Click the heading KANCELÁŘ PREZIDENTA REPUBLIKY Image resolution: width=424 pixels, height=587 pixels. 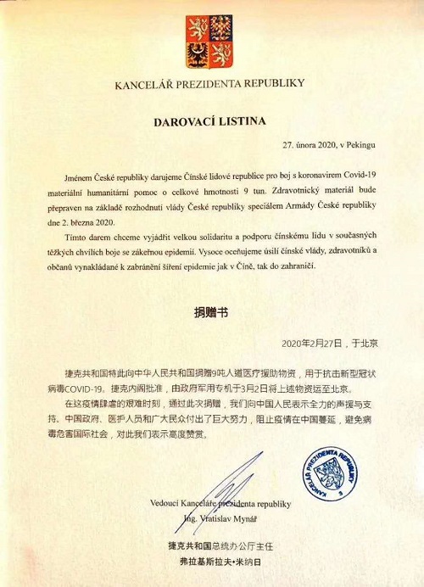click(212, 85)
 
